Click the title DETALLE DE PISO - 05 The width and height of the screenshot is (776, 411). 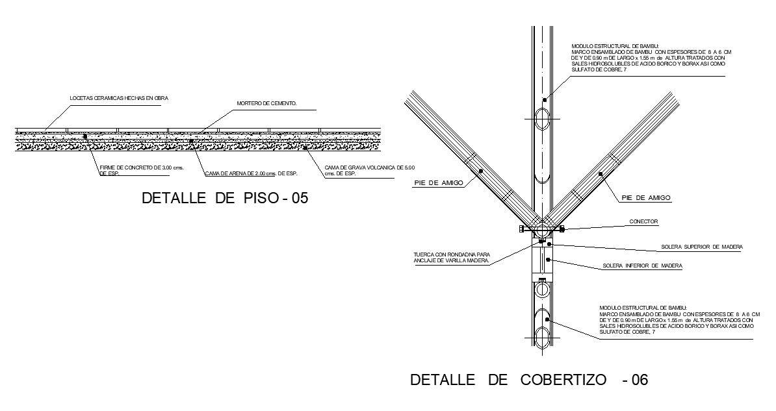click(x=224, y=199)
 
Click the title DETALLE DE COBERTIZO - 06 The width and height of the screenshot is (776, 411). click(x=528, y=380)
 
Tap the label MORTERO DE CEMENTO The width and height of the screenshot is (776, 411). click(x=266, y=103)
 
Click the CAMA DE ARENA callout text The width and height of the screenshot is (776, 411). click(x=251, y=173)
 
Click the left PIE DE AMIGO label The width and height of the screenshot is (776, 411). click(x=439, y=183)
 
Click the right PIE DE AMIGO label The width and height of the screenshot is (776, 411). click(x=645, y=197)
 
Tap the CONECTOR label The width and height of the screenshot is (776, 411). click(x=643, y=221)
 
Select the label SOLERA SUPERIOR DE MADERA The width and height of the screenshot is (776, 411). click(x=702, y=247)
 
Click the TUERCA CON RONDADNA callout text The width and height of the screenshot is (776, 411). click(x=452, y=258)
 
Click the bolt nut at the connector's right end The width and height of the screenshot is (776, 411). click(x=562, y=229)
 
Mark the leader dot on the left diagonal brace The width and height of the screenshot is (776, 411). click(x=480, y=171)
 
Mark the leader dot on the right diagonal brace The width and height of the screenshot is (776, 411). click(x=601, y=173)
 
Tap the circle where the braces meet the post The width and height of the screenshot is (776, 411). click(x=541, y=229)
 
